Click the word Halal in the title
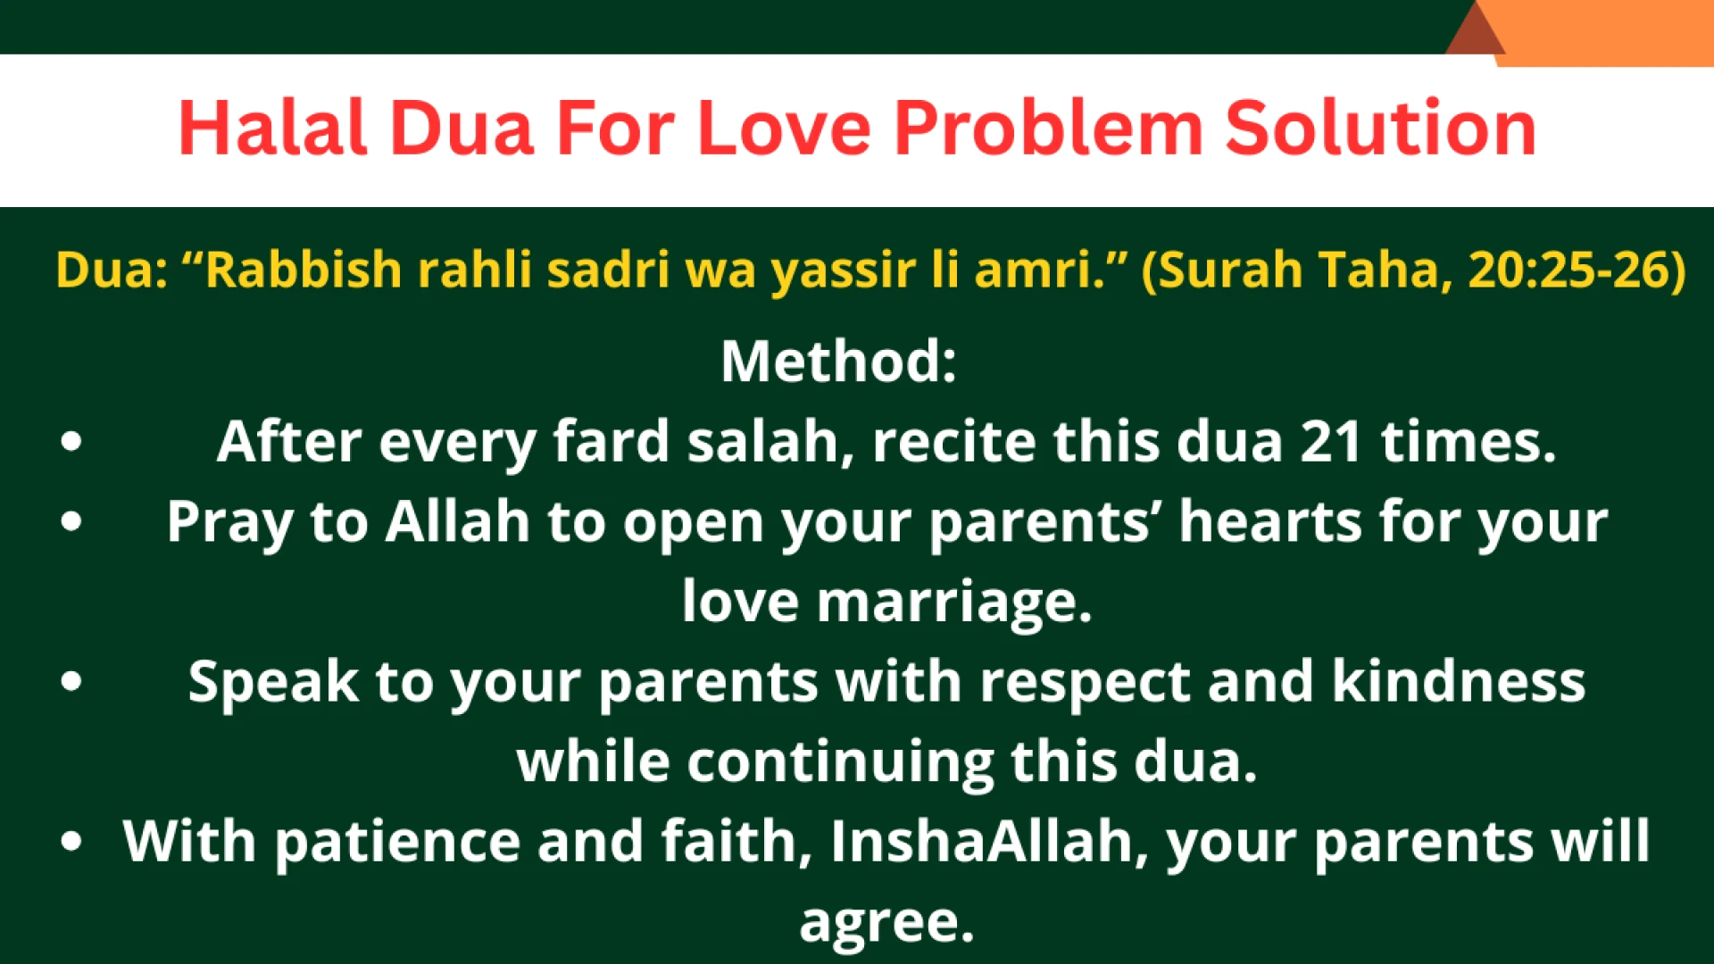[273, 129]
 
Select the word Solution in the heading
[1380, 129]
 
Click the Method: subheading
[838, 361]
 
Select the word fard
[611, 442]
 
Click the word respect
[1085, 683]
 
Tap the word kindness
[1458, 683]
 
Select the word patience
[397, 842]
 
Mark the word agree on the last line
[886, 922]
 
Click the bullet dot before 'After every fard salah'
[71, 442]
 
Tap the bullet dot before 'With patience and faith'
[71, 842]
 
